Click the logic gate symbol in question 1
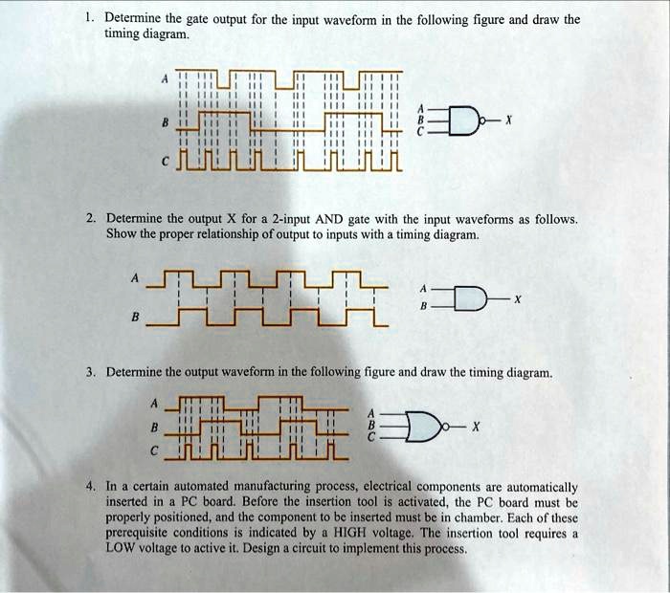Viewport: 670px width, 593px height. pyautogui.click(x=469, y=121)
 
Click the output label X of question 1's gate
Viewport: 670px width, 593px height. pyautogui.click(x=509, y=121)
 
